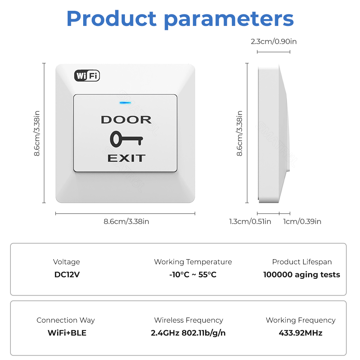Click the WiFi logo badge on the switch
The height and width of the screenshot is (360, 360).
87,76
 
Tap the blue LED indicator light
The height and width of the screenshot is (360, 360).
125,103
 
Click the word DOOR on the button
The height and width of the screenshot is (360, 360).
126,120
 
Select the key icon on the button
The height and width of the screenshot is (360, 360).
126,139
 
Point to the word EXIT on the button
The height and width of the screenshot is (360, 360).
126,158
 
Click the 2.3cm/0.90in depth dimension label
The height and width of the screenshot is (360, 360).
274,41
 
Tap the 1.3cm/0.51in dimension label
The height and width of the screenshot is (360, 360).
250,221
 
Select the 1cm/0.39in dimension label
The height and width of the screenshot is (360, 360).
302,221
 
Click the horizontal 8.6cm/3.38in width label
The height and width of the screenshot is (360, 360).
126,221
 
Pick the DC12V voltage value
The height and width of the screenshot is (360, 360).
67,275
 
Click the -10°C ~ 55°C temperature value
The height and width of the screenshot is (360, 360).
193,275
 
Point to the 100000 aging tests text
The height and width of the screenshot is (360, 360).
302,275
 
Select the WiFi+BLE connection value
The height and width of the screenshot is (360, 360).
67,333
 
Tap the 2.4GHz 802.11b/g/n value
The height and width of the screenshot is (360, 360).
188,333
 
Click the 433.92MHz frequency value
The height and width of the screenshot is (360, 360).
301,333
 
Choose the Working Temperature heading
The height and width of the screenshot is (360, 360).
193,262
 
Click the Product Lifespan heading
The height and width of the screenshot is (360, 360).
302,262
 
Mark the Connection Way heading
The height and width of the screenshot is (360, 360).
66,320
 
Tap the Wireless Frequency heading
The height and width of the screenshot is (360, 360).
189,320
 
